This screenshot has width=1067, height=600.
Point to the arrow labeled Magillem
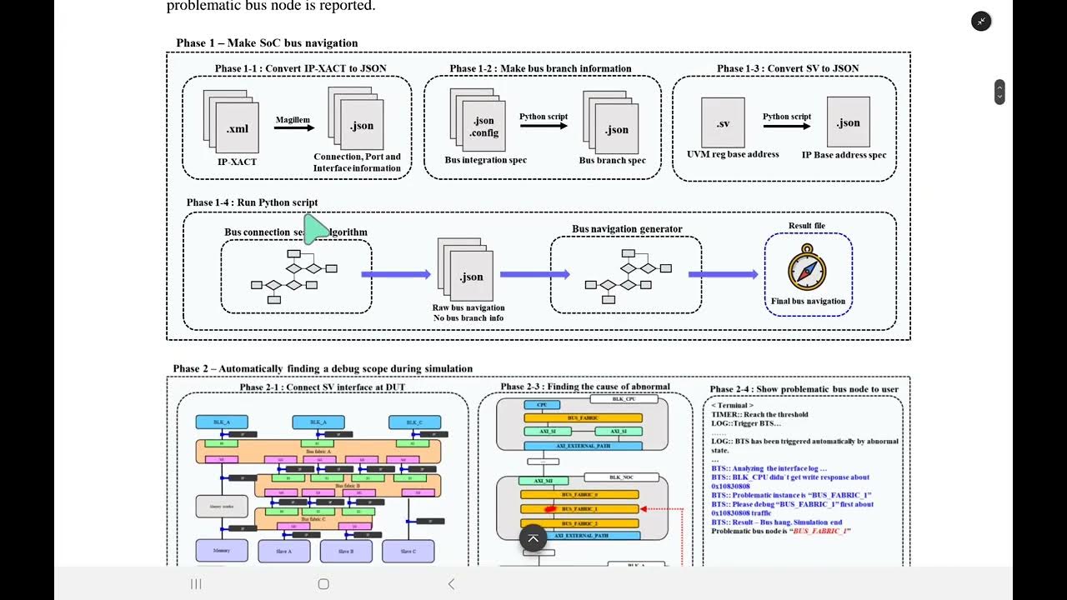click(294, 127)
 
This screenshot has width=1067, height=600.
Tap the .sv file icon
click(723, 123)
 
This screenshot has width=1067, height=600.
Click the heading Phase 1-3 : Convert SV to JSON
click(788, 68)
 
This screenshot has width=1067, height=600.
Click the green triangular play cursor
click(315, 229)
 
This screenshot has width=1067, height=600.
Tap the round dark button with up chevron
click(533, 538)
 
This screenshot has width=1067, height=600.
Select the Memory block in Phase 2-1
click(222, 551)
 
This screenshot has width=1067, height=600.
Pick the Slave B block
click(346, 551)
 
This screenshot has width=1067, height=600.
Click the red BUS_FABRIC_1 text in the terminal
click(821, 531)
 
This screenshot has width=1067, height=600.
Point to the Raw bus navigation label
click(468, 307)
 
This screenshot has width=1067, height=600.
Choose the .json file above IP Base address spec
click(848, 122)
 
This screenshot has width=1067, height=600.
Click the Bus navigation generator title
click(627, 229)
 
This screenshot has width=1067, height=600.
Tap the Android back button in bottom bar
click(451, 584)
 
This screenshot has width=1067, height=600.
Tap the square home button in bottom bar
click(323, 584)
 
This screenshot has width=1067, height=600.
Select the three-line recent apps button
click(196, 584)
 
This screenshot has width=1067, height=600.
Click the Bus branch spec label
click(613, 160)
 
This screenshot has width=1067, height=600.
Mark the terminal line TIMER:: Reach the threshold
click(759, 414)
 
